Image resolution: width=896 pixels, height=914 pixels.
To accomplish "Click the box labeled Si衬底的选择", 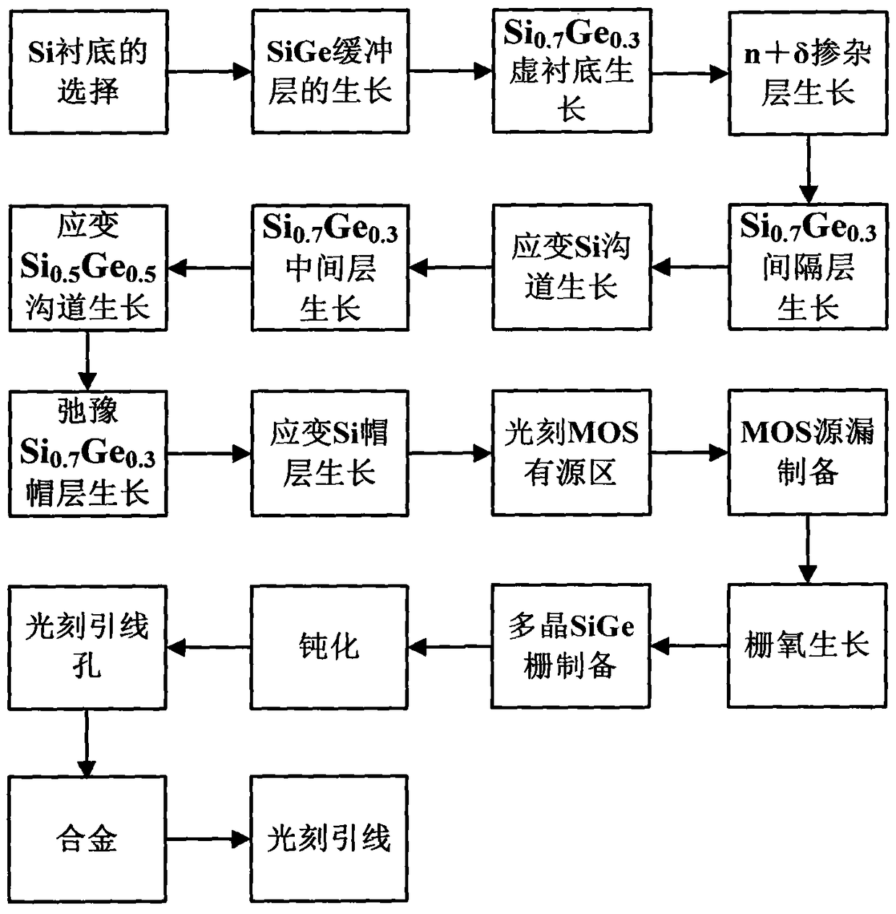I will tap(88, 72).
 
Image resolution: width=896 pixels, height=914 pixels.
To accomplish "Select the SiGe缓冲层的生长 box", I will tap(330, 72).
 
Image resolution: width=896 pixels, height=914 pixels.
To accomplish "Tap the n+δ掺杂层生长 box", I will tap(807, 72).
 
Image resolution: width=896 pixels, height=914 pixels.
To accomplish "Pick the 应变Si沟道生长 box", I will tap(571, 267).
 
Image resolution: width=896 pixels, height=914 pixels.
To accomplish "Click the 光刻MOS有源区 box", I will tap(571, 453).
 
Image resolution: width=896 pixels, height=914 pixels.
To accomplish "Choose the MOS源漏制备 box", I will tap(807, 453).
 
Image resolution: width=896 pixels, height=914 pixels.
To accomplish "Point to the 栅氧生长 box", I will tap(806, 645).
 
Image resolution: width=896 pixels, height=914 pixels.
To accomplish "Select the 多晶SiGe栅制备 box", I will tap(571, 645).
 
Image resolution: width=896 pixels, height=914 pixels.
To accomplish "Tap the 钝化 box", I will tap(329, 645).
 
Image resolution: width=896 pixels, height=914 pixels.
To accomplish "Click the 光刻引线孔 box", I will tap(87, 645).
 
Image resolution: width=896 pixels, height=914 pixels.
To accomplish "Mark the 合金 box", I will tap(87, 839).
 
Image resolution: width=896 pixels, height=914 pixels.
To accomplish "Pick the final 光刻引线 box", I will tap(329, 839).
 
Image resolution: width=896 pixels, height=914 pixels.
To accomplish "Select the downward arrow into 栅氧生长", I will tap(807, 549).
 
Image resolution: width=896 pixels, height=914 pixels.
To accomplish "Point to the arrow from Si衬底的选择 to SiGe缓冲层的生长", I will tap(210, 72).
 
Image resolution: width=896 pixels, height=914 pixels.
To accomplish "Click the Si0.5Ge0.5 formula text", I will tap(87, 268).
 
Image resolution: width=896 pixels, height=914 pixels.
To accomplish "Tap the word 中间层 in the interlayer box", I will tap(330, 269).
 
